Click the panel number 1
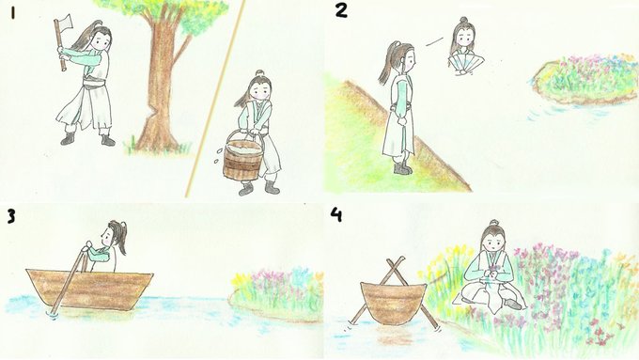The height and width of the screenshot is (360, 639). tap(13, 14)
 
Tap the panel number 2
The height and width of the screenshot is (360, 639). tap(341, 10)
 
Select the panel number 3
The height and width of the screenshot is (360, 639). tap(11, 216)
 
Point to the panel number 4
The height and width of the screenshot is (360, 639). tap(336, 214)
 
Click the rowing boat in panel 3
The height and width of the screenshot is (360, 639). tap(89, 289)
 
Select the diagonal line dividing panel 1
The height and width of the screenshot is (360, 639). tap(215, 99)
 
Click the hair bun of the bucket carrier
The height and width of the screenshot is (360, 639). tap(259, 73)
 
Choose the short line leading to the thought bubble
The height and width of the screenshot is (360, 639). tap(435, 41)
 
